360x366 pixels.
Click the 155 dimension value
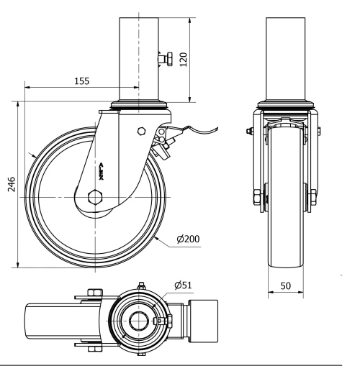81,81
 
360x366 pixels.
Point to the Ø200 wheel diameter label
187,239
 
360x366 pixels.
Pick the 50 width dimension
287,286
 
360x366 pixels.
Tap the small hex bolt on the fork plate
140,132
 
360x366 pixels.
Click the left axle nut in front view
256,197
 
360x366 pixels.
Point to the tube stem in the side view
136,54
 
